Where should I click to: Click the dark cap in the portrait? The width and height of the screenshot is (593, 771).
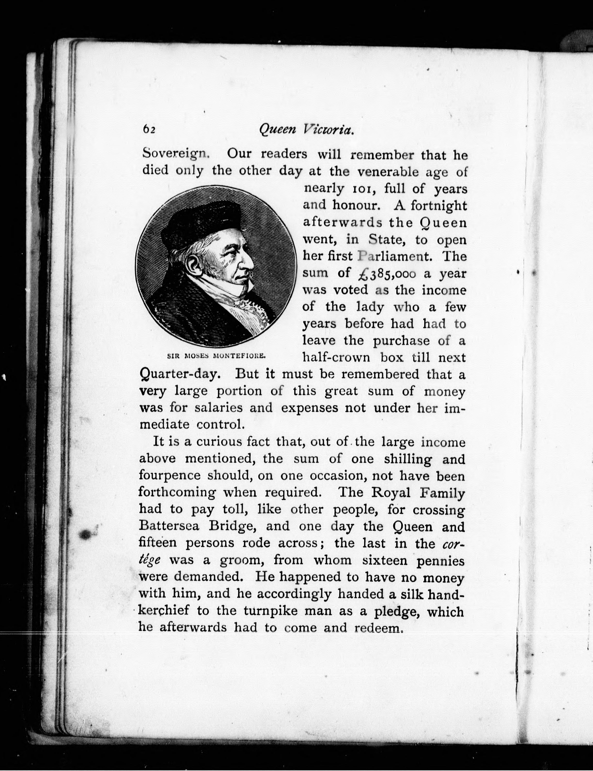[201, 222]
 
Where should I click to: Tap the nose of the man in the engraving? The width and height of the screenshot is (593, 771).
[249, 261]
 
